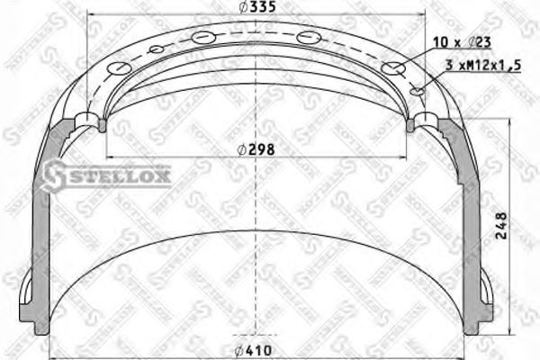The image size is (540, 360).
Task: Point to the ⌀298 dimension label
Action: pos(256,148)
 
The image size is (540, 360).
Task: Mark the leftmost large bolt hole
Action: pos(118,68)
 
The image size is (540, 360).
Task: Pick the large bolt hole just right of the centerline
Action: pos(309,37)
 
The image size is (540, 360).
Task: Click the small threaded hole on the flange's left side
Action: pos(156,49)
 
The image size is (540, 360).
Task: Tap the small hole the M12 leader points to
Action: pos(416,91)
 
